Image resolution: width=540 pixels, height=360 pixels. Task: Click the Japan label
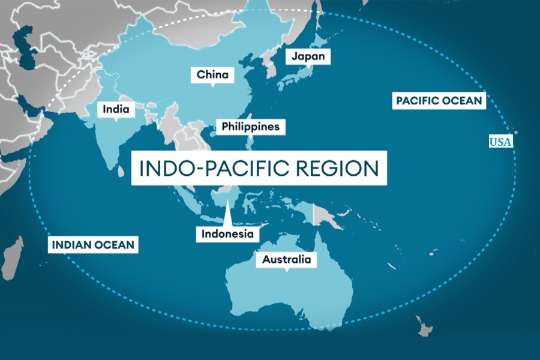pos(308,56)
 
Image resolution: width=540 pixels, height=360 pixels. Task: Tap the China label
pos(212,75)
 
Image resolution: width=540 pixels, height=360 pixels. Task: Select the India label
pos(116,110)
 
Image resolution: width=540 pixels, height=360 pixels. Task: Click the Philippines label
pos(250,127)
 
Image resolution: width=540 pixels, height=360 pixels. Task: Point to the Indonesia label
pos(228,233)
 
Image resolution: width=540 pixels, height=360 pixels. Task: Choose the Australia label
pos(286,260)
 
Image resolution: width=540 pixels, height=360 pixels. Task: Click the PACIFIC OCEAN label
pos(439,100)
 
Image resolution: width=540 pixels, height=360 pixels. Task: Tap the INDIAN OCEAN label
pos(93,245)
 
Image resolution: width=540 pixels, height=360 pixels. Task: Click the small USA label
pos(500,142)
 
